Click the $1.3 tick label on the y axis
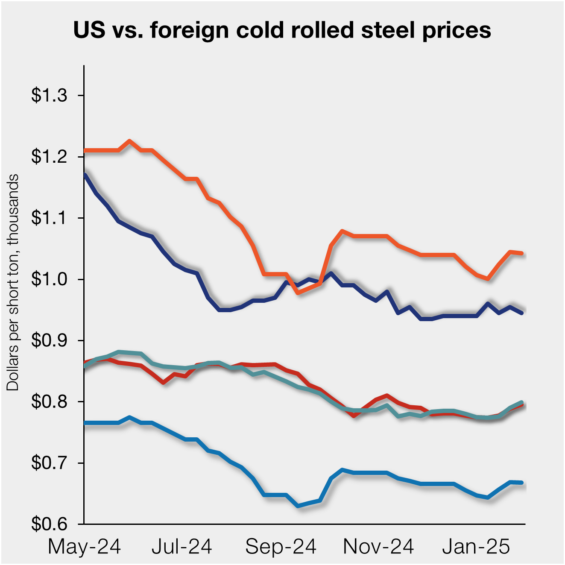tap(49, 95)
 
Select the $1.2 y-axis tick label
tap(49, 157)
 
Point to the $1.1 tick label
tap(49, 218)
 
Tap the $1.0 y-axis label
tap(49, 279)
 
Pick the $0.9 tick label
tap(49, 341)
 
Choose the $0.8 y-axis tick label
tap(49, 402)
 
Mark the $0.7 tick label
tap(49, 463)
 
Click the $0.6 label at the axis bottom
tap(49, 524)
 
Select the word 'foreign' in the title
tap(190, 30)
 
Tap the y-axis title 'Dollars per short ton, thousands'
tap(13, 282)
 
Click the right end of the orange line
tap(521, 253)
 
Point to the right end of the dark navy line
tap(521, 313)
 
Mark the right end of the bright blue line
tap(521, 483)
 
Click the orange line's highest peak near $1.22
tap(130, 141)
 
